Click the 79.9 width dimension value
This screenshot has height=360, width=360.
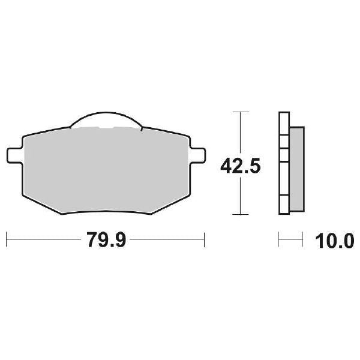pyautogui.click(x=106, y=241)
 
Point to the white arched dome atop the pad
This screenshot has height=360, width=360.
pyautogui.click(x=106, y=121)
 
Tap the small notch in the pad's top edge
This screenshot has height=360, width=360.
pyautogui.click(x=106, y=129)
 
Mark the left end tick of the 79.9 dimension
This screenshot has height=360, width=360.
pyautogui.click(x=7, y=241)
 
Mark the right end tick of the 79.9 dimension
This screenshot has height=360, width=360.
pyautogui.click(x=205, y=241)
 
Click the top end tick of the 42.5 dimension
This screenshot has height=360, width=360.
pyautogui.click(x=240, y=112)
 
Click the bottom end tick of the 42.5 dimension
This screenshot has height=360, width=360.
pyautogui.click(x=240, y=214)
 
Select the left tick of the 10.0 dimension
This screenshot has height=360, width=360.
pyautogui.click(x=280, y=241)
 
